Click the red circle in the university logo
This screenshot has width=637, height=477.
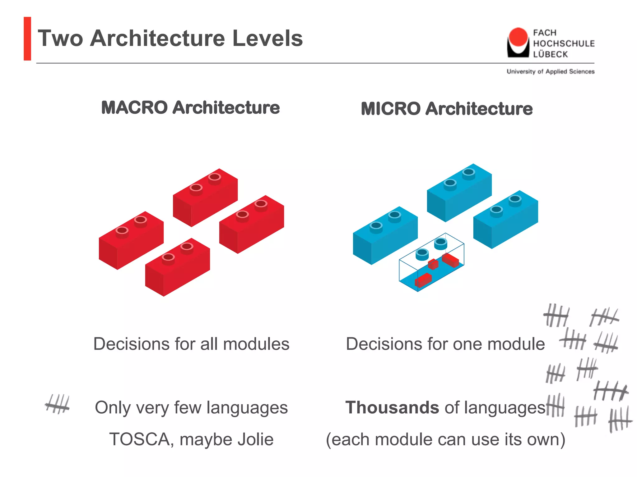coord(518,37)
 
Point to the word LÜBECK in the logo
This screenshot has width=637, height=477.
coord(550,54)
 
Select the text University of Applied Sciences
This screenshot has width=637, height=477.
coord(551,71)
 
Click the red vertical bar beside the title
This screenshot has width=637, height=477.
coord(27,39)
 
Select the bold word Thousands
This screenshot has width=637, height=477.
coord(392,407)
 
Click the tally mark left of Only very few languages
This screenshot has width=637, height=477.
coord(57,404)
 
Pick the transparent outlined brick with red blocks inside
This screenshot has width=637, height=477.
coord(432,262)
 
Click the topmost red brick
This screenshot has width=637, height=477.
coord(205,198)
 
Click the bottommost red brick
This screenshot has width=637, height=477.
coord(177,267)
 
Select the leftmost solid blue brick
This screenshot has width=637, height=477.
coord(385,235)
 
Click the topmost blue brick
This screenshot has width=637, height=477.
coord(459,193)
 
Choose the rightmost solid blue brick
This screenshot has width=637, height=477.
coord(505,219)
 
